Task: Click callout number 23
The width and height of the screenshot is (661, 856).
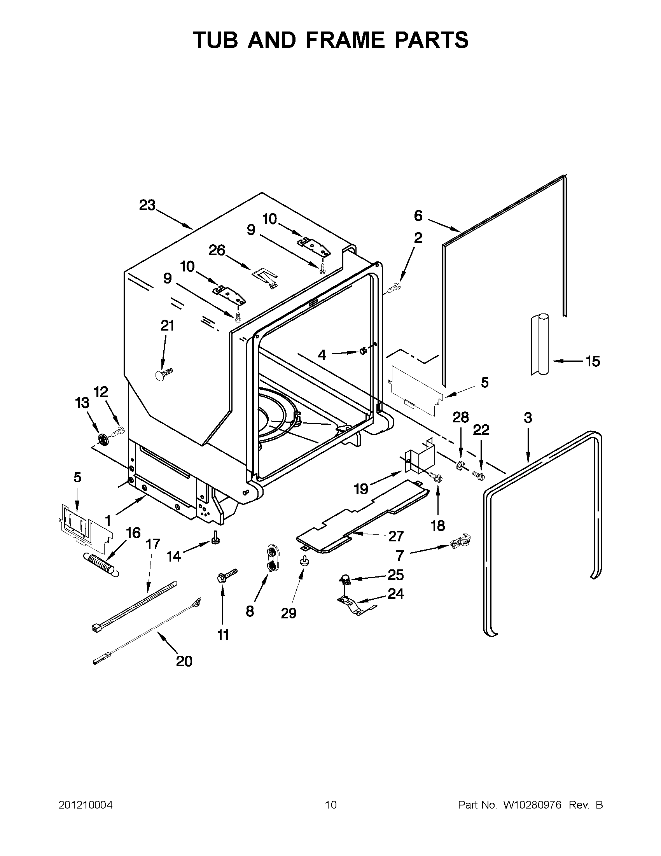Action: tap(147, 205)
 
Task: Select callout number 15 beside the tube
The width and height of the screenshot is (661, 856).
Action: tap(593, 361)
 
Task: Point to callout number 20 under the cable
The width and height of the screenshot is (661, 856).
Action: tap(184, 661)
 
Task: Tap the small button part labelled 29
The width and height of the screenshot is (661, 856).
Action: tap(304, 562)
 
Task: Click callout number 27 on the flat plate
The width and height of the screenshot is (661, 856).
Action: tap(396, 536)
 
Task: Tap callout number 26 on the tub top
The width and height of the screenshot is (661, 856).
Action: tap(217, 250)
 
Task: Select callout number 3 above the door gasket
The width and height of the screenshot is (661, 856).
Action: tap(528, 418)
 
